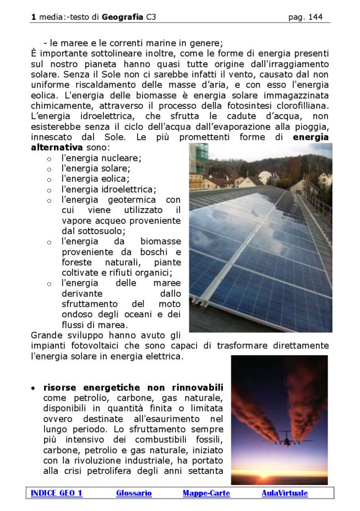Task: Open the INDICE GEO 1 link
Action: (56, 493)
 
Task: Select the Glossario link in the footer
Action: (133, 493)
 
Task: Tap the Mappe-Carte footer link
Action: (206, 493)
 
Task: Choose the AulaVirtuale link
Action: (284, 493)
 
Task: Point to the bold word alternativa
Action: (56, 148)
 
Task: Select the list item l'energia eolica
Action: (96, 179)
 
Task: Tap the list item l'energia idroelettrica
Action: (109, 189)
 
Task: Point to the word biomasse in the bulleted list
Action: (160, 242)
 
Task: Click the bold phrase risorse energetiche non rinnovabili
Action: (133, 387)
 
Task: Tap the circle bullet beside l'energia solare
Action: (49, 169)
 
